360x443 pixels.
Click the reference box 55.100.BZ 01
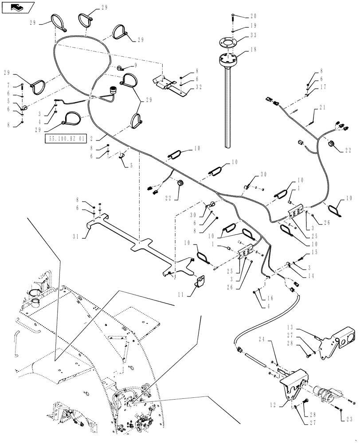click(65, 139)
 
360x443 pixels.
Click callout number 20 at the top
click(254, 16)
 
